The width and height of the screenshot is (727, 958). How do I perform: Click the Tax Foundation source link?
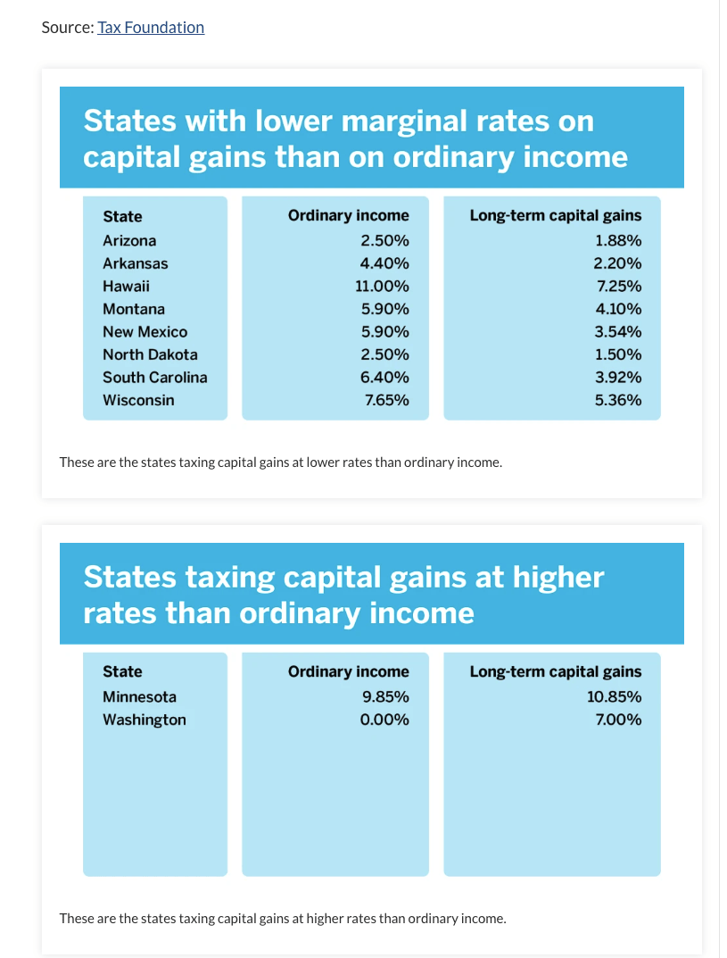tap(151, 28)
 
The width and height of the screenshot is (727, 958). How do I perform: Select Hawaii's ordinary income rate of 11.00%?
tap(384, 287)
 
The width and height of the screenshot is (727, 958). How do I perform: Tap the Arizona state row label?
tap(129, 240)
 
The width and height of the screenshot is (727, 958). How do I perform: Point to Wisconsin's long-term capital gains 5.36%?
tap(618, 400)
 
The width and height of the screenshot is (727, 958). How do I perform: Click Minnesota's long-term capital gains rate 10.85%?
tap(615, 696)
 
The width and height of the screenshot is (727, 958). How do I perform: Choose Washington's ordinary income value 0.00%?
tap(384, 720)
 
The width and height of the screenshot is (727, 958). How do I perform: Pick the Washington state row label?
tap(145, 720)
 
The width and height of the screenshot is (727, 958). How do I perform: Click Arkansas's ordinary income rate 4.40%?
tap(384, 263)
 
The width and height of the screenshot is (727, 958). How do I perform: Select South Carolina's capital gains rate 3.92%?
tap(618, 377)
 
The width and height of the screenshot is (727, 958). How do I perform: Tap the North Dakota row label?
tap(150, 354)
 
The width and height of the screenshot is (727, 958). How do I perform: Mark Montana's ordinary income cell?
tap(384, 309)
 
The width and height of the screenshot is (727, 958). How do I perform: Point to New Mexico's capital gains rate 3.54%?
tap(618, 332)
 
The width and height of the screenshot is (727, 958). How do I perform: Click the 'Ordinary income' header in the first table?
tap(348, 215)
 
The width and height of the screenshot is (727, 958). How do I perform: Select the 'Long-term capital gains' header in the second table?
tap(555, 671)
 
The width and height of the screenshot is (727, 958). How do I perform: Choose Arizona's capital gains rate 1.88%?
tap(618, 240)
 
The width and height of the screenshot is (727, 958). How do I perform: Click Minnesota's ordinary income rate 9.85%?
tap(384, 696)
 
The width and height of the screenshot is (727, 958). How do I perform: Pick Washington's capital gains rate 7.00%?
tap(618, 720)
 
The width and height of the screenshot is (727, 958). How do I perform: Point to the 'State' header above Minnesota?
tap(122, 671)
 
